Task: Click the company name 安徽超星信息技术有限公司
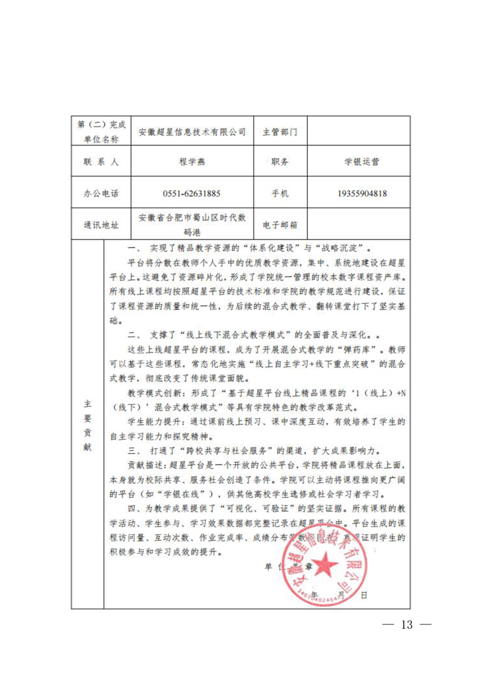coord(192,132)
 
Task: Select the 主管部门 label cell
coord(280,132)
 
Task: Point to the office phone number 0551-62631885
coord(192,193)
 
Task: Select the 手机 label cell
coord(280,193)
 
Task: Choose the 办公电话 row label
coord(100,193)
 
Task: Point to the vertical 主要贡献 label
coord(87,424)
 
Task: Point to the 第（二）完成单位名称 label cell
coord(100,132)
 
